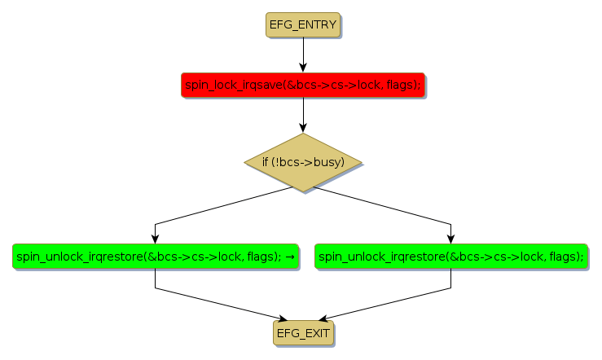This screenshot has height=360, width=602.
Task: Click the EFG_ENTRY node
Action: pyautogui.click(x=302, y=24)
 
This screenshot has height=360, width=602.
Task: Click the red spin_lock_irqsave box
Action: pyautogui.click(x=302, y=85)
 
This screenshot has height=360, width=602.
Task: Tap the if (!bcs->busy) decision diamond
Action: pyautogui.click(x=302, y=162)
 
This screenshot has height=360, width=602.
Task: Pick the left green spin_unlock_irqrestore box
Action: pyautogui.click(x=155, y=256)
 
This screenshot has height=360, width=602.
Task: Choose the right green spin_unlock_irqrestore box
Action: pyautogui.click(x=450, y=256)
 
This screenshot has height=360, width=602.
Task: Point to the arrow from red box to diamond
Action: pyautogui.click(x=302, y=114)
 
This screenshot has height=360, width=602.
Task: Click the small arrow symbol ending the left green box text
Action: pyautogui.click(x=290, y=257)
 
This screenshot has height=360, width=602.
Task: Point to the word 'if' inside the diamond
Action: pyautogui.click(x=266, y=162)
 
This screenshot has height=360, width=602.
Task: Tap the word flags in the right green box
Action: pyautogui.click(x=565, y=257)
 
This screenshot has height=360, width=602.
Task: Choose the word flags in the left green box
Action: pyautogui.click(x=263, y=257)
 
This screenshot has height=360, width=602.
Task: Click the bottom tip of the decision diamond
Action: pyautogui.click(x=302, y=191)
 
